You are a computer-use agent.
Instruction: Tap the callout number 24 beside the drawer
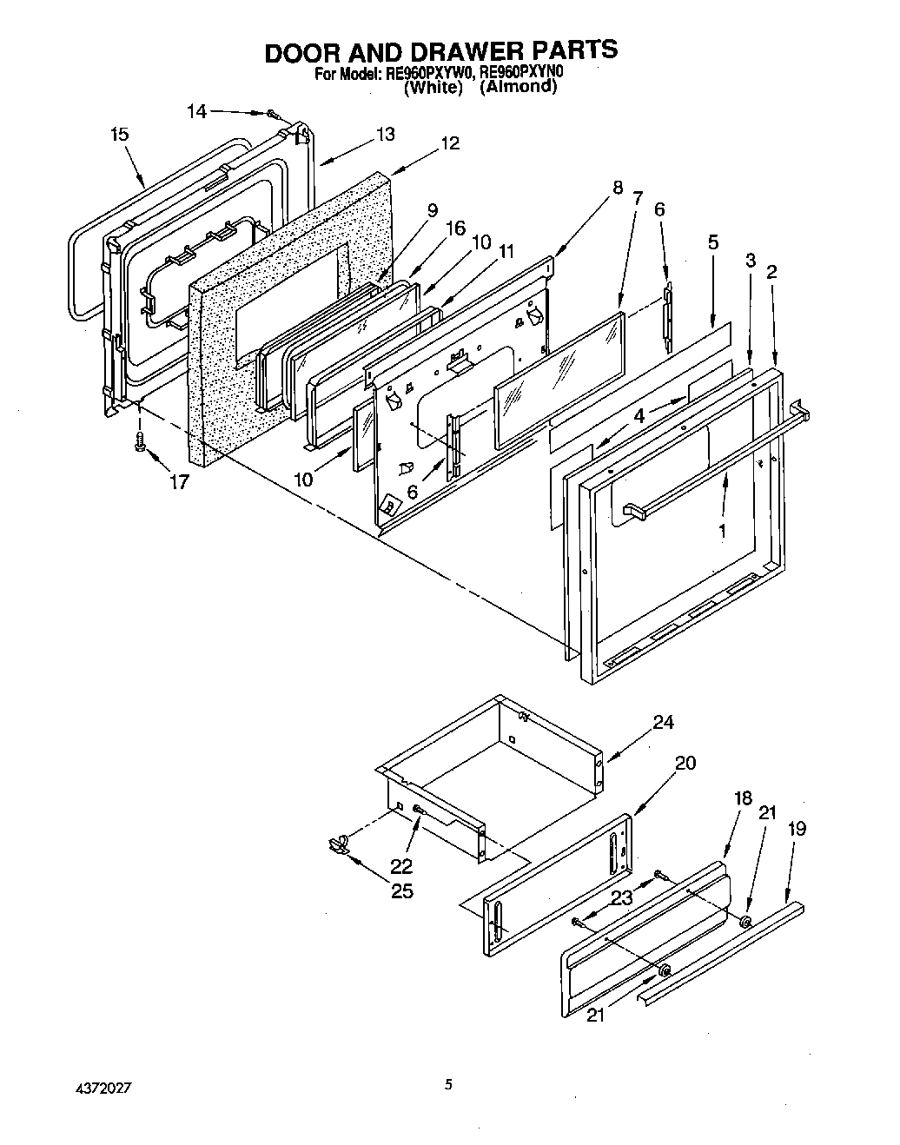coord(663,722)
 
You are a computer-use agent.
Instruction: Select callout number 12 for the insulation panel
coord(449,143)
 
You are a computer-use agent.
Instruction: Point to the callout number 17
coord(178,482)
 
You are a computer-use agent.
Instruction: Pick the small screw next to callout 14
coord(272,114)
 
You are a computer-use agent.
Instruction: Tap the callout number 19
coord(796,829)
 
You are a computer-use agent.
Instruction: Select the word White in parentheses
coord(433,87)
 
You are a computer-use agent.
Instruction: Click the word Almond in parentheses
coord(519,87)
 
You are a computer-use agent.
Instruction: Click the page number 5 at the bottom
coord(448,1084)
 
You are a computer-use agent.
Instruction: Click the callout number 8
coord(618,187)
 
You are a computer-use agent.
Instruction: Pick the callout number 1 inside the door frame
coord(723,527)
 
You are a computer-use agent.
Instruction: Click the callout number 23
coord(621,898)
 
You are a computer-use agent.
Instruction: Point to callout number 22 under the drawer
coord(401,866)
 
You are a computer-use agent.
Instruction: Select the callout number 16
coord(455,228)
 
